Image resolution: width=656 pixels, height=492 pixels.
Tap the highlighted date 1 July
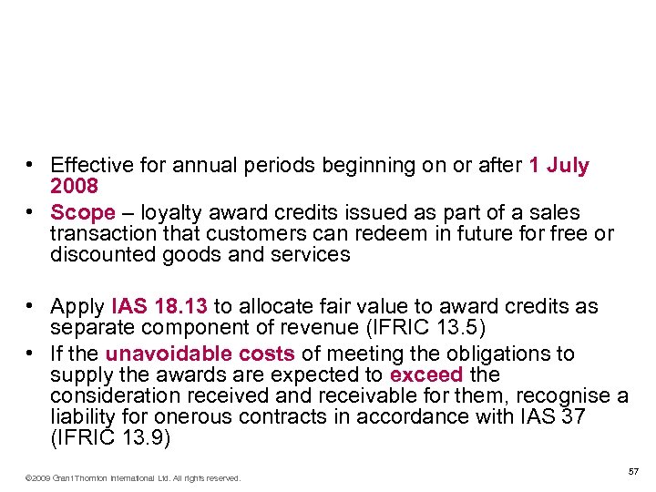[559, 166]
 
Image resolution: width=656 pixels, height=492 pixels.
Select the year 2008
[74, 187]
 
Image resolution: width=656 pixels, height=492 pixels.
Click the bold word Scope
[83, 212]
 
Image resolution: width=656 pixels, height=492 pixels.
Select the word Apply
[77, 305]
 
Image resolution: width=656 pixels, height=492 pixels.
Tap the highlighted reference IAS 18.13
[159, 305]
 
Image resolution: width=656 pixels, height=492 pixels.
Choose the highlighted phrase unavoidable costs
[200, 353]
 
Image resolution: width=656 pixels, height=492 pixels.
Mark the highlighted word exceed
[425, 374]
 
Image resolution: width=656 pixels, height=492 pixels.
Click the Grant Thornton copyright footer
[133, 477]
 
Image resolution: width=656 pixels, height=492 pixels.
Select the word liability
[79, 416]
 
